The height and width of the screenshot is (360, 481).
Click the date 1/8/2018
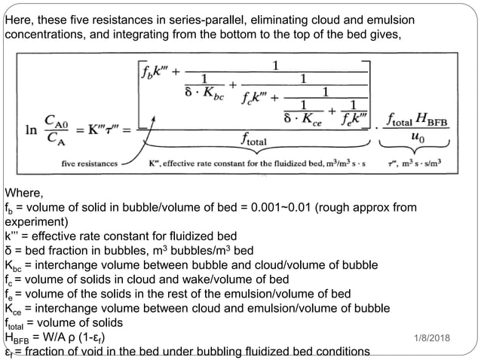(x=432, y=338)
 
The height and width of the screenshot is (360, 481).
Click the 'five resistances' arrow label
(x=90, y=163)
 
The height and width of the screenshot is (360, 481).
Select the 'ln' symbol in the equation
(x=31, y=130)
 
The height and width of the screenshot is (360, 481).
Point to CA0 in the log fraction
(x=56, y=121)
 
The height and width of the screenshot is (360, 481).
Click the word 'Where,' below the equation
(x=24, y=193)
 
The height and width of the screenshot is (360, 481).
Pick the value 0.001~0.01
(x=280, y=207)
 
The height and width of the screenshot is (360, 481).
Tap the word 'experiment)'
(x=36, y=222)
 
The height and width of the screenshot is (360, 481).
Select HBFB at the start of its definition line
(x=17, y=337)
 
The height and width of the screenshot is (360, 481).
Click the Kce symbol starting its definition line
(x=13, y=309)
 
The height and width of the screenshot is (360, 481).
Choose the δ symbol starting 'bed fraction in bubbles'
(x=8, y=251)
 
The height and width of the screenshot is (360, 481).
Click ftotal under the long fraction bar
(x=253, y=139)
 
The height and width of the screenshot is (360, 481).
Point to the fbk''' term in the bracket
(x=155, y=72)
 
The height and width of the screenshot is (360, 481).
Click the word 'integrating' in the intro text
(x=141, y=35)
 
